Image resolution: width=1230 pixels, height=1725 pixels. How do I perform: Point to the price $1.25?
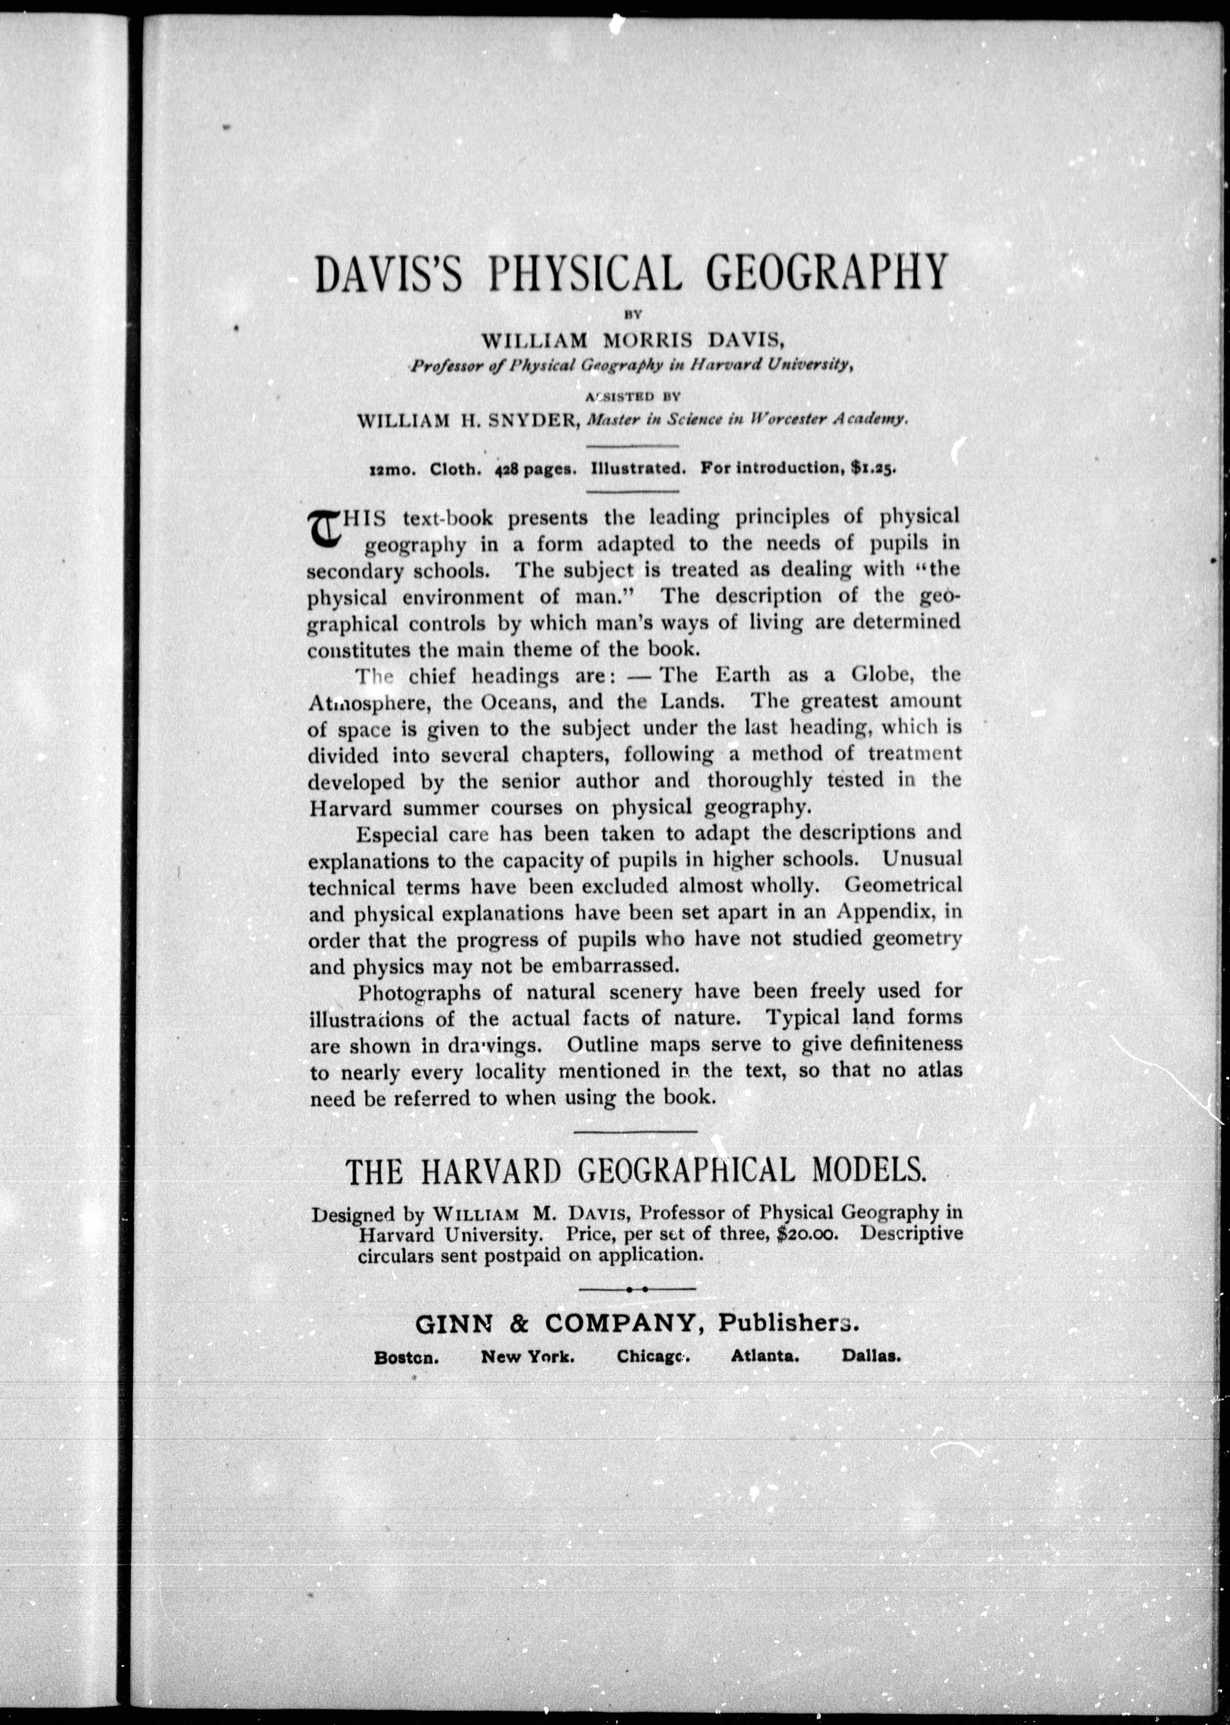873,468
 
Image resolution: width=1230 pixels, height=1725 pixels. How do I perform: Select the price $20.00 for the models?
807,1234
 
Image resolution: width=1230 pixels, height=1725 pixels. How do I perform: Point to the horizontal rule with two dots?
636,1288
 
